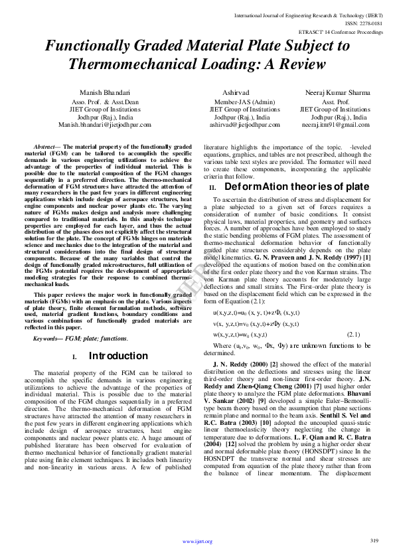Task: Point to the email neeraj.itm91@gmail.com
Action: coord(335,125)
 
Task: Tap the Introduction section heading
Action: coord(118,357)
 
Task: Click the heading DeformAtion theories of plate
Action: coord(295,187)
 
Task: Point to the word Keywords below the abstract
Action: coord(47,339)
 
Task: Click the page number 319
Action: coord(374,541)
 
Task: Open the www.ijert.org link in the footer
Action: coord(197,542)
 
